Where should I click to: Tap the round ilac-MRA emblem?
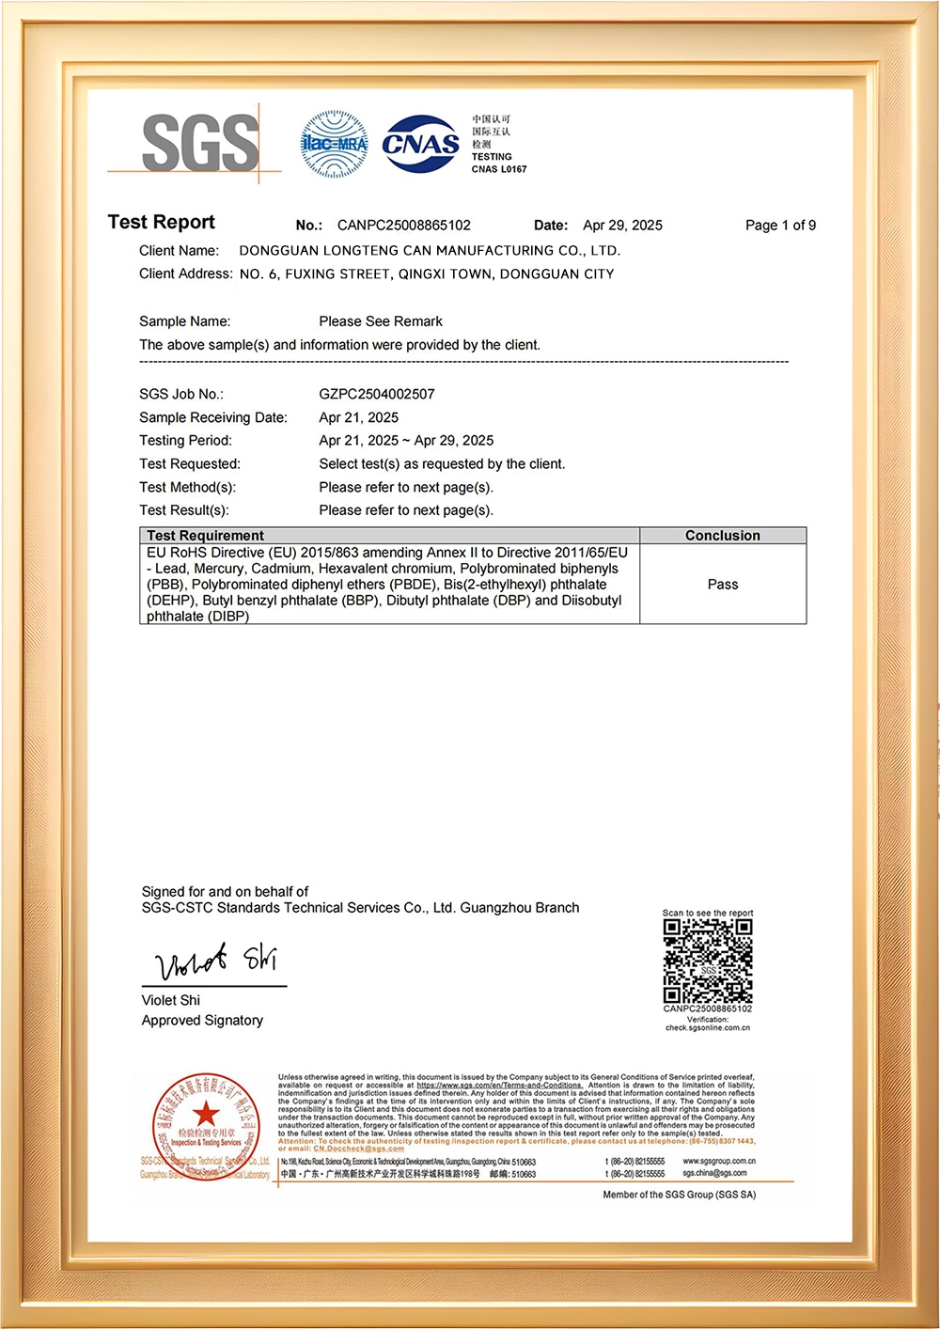click(x=334, y=144)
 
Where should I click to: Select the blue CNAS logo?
click(x=420, y=144)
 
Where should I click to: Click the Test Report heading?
click(x=161, y=223)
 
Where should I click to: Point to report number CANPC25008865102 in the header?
click(x=404, y=226)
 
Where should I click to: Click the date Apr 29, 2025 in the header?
click(x=622, y=226)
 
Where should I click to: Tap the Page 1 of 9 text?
click(x=780, y=226)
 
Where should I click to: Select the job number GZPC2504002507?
click(x=377, y=394)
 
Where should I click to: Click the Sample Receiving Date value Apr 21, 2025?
click(x=358, y=417)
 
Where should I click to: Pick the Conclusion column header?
click(x=722, y=536)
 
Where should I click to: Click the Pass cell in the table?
click(x=722, y=585)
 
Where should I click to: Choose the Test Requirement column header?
click(x=205, y=536)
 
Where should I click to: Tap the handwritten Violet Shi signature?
click(x=216, y=961)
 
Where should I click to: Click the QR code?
click(x=708, y=961)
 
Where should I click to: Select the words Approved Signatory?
click(x=202, y=1021)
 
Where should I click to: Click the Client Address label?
click(x=185, y=274)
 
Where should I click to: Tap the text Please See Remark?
click(x=381, y=321)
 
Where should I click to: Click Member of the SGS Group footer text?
click(x=679, y=1195)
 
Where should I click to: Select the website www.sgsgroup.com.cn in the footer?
click(x=719, y=1162)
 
